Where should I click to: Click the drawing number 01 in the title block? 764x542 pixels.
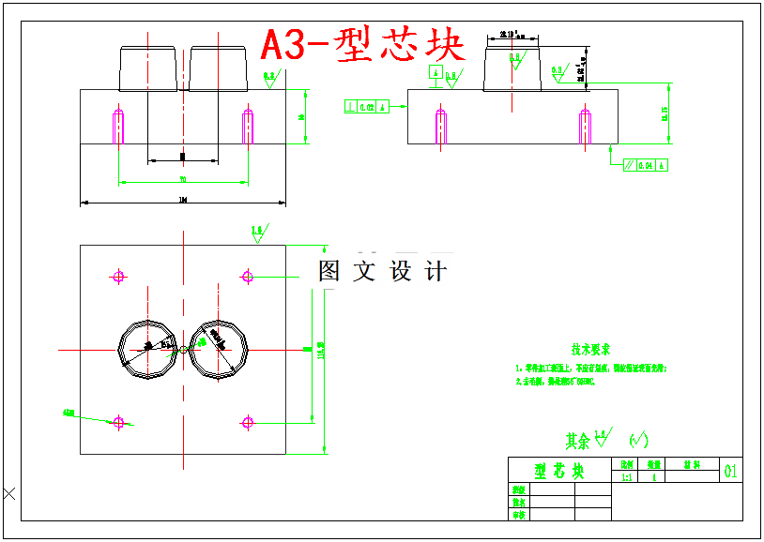(731, 471)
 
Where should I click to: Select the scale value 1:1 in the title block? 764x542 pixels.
(627, 476)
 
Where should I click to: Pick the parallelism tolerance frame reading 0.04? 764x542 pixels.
(646, 166)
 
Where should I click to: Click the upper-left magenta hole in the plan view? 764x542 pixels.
(118, 276)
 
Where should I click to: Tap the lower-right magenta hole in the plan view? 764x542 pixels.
(248, 422)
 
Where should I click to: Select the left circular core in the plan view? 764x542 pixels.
(145, 349)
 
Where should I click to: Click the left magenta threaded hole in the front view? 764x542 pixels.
(118, 126)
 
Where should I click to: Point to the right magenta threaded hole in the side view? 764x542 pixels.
(584, 126)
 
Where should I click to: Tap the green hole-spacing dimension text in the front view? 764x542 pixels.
(183, 179)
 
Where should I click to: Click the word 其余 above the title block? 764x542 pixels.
(577, 440)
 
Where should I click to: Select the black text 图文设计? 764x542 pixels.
(382, 272)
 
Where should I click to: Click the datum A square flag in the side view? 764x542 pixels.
(435, 72)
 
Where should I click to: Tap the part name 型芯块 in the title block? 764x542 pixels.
(559, 471)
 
